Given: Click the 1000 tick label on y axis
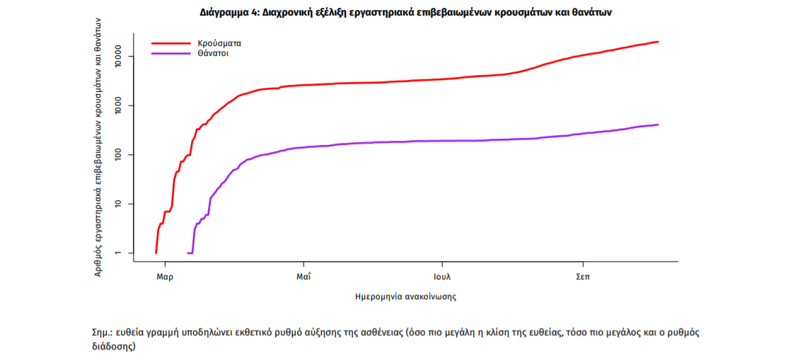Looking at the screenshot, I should pos(119,105).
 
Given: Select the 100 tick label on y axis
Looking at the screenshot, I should pos(119,154).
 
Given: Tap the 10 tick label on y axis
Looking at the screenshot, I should pos(119,204).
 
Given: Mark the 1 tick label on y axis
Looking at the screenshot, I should pos(119,252).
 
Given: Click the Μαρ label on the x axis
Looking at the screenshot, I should pos(165,276).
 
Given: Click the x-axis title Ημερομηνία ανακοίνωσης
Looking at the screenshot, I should pos(405,297).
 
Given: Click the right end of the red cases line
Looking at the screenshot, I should pos(658,42).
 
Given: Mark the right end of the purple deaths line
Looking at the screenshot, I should pos(658,125).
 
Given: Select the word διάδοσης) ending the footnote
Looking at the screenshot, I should pos(113,347).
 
